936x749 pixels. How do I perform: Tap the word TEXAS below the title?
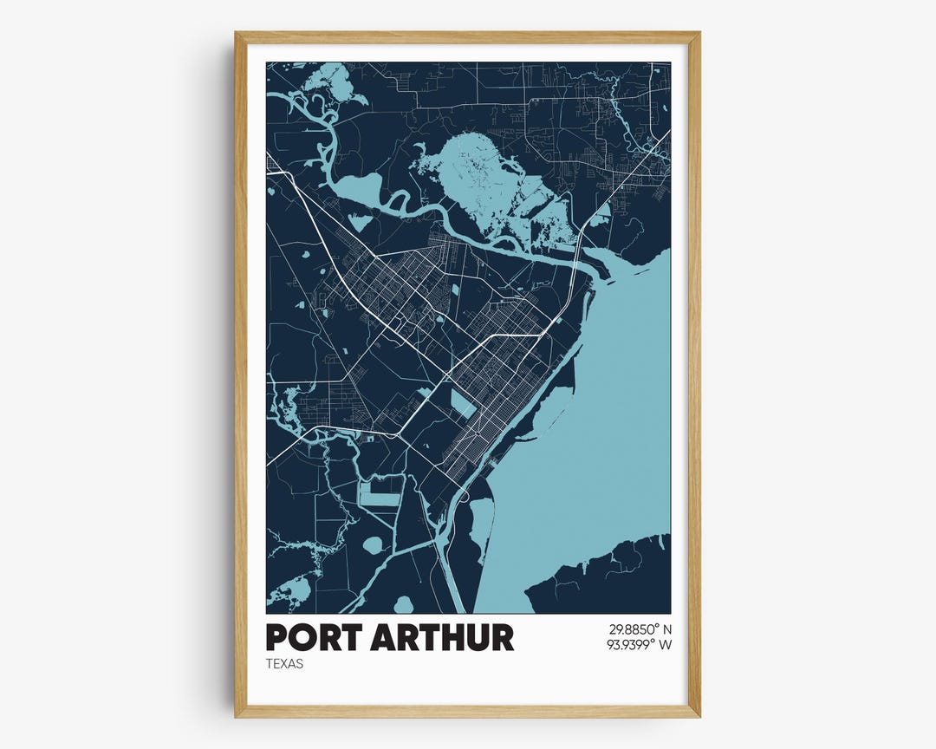coord(285,665)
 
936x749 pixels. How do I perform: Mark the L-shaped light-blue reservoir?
coord(380,494)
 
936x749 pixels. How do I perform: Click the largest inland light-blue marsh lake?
coord(485,178)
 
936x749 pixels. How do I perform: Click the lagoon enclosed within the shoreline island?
coord(480,520)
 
